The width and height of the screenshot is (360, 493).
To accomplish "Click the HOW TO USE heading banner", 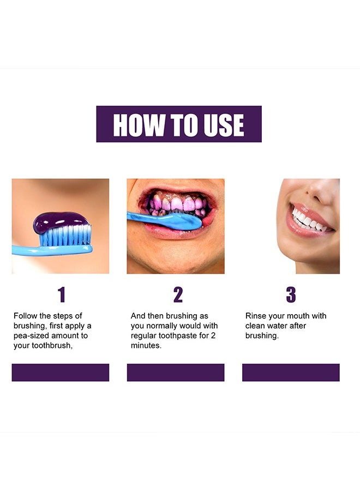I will point(179,124).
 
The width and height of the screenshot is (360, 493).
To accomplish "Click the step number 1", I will point(62,295).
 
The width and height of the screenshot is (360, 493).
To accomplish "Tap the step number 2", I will point(178,295).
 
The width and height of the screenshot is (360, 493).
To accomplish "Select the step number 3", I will point(291,295).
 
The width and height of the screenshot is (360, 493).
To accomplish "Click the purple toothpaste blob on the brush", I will point(60,221).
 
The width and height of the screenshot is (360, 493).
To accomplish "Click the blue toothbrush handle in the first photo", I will point(33,250).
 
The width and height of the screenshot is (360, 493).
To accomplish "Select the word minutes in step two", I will point(146,346).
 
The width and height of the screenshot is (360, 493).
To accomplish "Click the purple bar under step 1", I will point(61,372).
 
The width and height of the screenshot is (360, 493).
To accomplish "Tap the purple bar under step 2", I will point(176,372).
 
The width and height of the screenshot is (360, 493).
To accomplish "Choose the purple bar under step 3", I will point(291,372).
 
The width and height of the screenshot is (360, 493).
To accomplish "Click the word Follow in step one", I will point(25,316).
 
